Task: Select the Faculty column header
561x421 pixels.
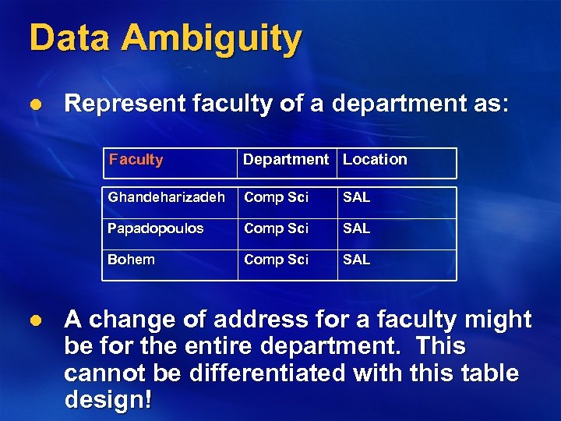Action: click(136, 160)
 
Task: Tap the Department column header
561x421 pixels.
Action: click(286, 160)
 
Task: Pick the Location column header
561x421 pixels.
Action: click(375, 160)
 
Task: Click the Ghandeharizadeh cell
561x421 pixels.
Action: click(166, 197)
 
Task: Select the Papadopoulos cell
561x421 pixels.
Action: click(155, 228)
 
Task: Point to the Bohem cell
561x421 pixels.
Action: click(131, 260)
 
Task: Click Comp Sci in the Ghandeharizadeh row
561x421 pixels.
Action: click(276, 197)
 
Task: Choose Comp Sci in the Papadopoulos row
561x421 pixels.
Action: click(276, 228)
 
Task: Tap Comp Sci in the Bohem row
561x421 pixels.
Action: click(276, 260)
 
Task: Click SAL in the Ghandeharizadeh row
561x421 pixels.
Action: click(356, 197)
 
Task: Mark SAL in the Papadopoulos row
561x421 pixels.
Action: click(356, 228)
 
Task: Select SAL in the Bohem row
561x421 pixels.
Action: click(356, 260)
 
